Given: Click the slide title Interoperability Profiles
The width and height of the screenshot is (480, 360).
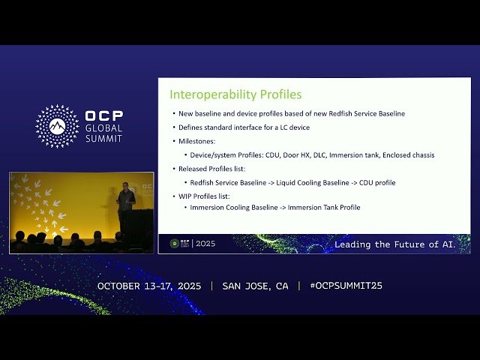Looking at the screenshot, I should [x=235, y=95].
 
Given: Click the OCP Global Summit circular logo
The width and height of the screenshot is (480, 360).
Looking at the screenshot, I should [x=57, y=126].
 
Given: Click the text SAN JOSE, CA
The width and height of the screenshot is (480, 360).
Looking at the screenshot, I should [x=255, y=286].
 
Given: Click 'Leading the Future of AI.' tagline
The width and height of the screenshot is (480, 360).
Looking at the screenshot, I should [x=401, y=244].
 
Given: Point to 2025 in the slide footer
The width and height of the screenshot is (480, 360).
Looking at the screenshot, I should [x=205, y=244].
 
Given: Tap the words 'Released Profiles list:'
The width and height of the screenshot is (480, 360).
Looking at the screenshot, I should [x=213, y=169].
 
